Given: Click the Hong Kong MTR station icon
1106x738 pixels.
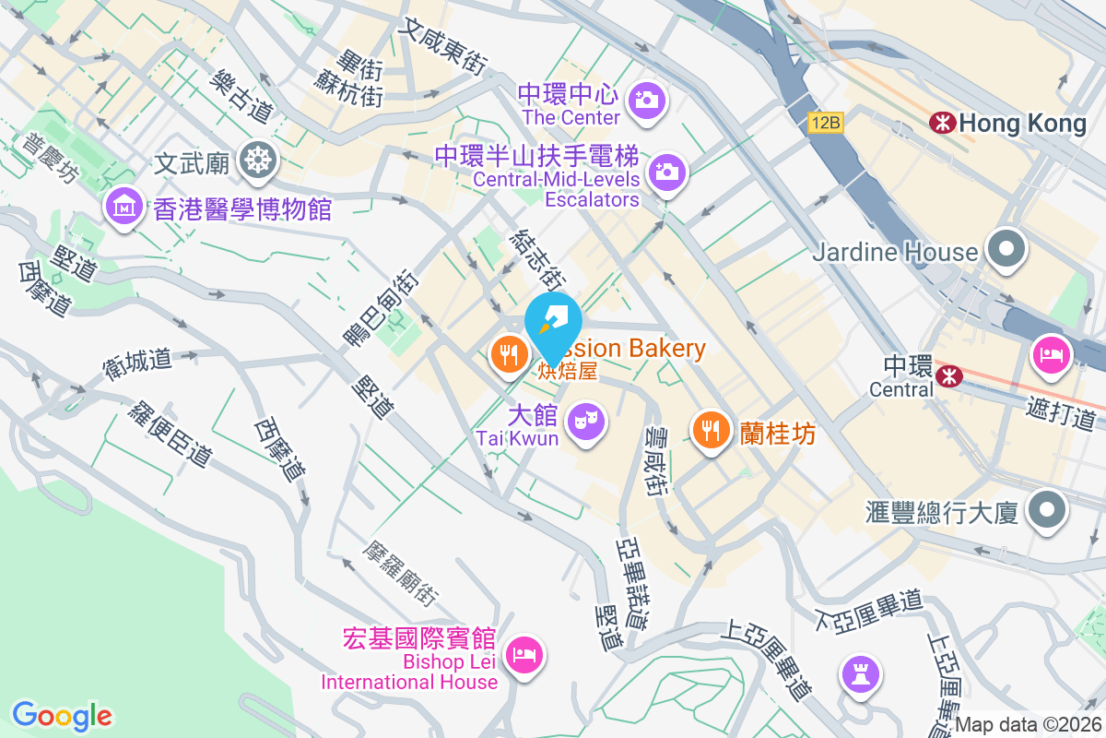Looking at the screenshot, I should pos(942,122).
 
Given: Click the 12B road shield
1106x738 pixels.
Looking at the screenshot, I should pos(827,122).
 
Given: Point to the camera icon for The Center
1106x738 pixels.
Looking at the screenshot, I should pos(647,99).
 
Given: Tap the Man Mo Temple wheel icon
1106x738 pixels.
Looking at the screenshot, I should pos(255,161).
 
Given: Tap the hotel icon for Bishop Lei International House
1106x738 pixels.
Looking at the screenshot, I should pos(524,656).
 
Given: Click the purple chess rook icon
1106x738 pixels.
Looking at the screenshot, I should pos(862,673).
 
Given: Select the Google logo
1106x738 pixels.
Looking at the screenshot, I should pos(62,715).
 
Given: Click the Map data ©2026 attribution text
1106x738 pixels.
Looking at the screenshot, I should pos(1028,725).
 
